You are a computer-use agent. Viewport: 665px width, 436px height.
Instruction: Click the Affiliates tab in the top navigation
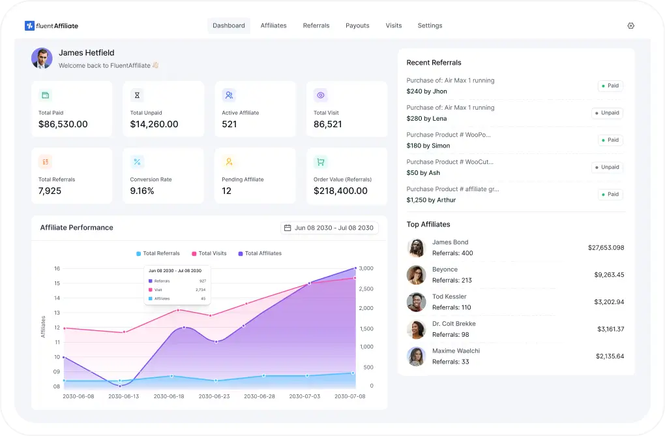(273, 25)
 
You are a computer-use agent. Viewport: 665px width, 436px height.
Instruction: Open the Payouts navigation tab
(357, 25)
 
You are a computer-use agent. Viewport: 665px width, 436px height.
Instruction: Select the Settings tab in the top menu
(430, 25)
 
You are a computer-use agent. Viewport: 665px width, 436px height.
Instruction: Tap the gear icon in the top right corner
(630, 25)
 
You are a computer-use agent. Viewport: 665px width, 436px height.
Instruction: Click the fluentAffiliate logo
(52, 25)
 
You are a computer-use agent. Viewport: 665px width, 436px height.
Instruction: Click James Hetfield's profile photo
(42, 58)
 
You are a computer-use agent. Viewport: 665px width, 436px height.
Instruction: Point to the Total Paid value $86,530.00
(63, 124)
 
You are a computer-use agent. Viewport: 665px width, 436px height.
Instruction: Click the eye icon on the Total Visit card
(320, 95)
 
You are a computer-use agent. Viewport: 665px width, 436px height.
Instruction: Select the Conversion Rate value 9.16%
(142, 191)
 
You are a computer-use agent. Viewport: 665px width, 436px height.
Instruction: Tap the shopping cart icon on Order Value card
(320, 162)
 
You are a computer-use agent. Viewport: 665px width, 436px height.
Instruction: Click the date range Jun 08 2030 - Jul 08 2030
(329, 228)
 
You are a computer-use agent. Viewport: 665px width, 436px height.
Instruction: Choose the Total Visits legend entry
(209, 253)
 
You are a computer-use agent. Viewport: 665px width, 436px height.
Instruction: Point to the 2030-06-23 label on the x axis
(214, 396)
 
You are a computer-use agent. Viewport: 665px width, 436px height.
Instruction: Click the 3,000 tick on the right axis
(366, 268)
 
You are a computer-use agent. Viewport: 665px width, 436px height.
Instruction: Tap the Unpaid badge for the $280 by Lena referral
(607, 113)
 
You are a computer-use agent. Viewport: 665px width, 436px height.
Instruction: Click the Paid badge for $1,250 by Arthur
(610, 195)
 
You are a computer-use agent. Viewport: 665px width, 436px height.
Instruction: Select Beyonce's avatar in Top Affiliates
(416, 275)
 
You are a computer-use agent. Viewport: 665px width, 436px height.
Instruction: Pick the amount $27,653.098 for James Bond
(606, 247)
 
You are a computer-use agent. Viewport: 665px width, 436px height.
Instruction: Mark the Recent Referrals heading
(434, 63)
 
